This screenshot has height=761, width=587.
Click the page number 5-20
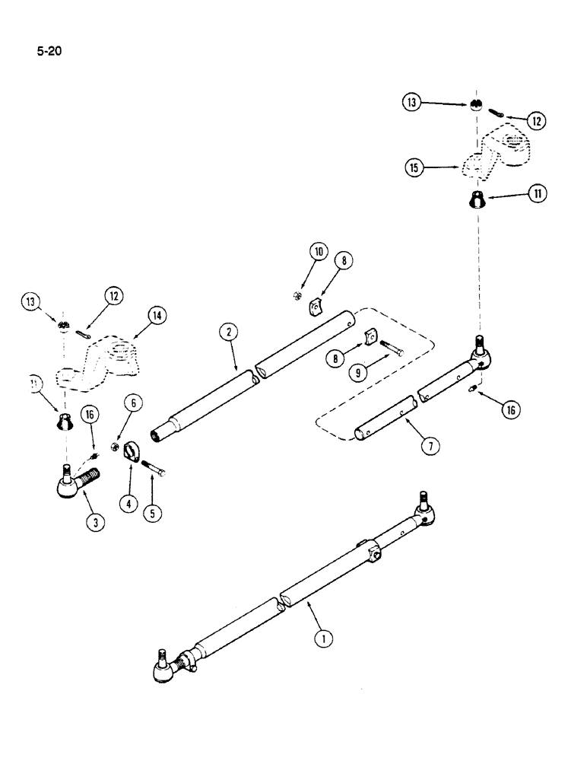pyautogui.click(x=47, y=52)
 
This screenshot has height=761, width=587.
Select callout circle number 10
pyautogui.click(x=317, y=252)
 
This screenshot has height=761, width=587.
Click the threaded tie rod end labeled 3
pyautogui.click(x=79, y=481)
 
